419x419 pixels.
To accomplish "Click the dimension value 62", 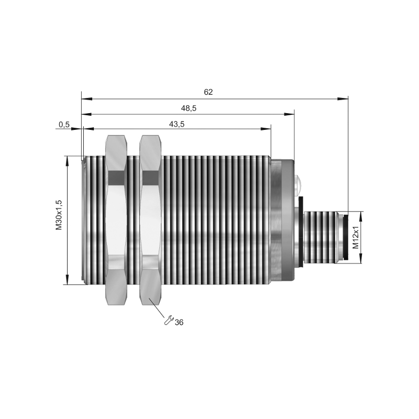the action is point(208,92).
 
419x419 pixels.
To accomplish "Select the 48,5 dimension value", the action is point(189,108).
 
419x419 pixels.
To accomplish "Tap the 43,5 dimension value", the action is point(177,124).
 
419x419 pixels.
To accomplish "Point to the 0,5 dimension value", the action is point(64,124).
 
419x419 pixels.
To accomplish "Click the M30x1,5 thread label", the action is point(59,215).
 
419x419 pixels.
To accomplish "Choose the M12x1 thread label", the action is point(356,238).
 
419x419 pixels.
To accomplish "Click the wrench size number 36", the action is point(179,323).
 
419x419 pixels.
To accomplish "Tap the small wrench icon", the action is point(169,321).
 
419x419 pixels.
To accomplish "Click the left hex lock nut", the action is point(116,220).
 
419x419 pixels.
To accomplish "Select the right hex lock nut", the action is point(150,220).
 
